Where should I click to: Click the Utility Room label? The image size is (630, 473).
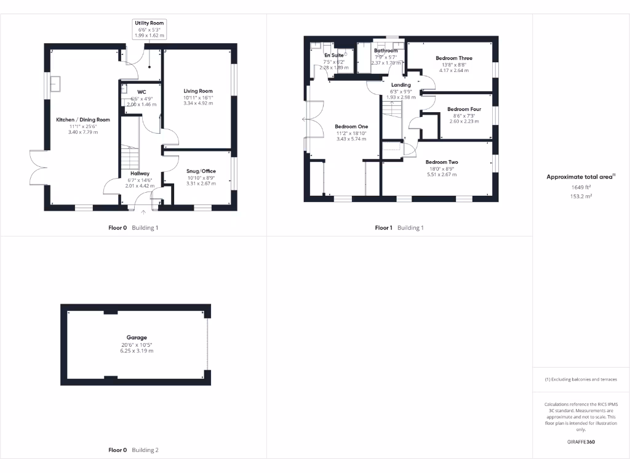click(150, 23)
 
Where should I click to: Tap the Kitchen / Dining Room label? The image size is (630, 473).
click(83, 119)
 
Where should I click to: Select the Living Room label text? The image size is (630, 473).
click(198, 91)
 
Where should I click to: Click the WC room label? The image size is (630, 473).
click(142, 92)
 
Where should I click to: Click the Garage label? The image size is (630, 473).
click(137, 338)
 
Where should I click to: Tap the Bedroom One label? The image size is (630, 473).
click(351, 126)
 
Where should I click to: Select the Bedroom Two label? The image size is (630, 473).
click(442, 162)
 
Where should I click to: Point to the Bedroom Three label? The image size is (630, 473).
click(454, 58)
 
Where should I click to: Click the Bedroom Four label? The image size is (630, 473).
click(464, 109)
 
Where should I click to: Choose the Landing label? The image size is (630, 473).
click(401, 85)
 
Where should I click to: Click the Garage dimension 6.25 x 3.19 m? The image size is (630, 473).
click(137, 351)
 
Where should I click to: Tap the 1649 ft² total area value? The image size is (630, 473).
click(581, 187)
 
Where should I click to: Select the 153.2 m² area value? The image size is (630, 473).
click(581, 197)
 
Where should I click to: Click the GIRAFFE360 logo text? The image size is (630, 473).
click(581, 442)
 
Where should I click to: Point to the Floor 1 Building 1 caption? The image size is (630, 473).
click(399, 228)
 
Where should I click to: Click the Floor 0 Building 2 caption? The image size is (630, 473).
click(134, 450)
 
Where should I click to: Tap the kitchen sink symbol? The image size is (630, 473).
click(56, 83)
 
